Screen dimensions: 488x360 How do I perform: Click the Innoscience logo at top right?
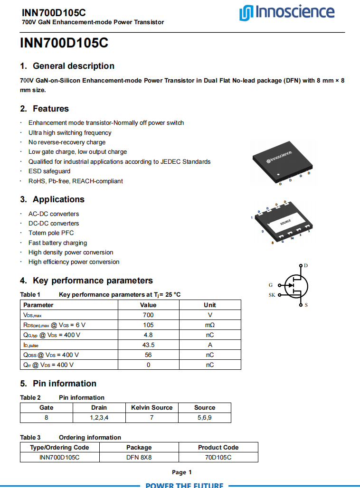[x=286, y=12]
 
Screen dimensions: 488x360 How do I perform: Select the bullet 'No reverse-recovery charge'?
[x=67, y=142]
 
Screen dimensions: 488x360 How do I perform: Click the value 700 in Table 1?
[x=148, y=315]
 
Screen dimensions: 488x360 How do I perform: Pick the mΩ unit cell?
[x=209, y=325]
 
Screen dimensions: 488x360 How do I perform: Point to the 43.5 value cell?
[x=148, y=345]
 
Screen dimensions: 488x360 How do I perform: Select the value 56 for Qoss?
[x=148, y=355]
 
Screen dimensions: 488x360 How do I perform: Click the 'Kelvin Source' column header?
[x=152, y=407]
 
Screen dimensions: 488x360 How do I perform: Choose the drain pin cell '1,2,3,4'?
[x=99, y=418]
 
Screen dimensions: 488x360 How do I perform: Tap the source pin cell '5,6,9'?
[x=205, y=418]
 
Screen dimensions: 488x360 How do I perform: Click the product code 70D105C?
[x=218, y=457]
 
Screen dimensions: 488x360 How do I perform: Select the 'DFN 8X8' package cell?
[x=139, y=457]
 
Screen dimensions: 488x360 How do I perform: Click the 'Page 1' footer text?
[x=181, y=472]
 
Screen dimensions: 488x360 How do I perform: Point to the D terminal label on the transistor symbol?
[x=305, y=265]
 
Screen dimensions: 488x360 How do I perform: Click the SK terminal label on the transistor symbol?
[x=272, y=295]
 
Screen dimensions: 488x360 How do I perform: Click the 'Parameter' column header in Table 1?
[x=38, y=305]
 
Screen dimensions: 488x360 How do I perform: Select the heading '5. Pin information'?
[x=58, y=384]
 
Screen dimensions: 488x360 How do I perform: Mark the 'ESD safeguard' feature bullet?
[x=49, y=171]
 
